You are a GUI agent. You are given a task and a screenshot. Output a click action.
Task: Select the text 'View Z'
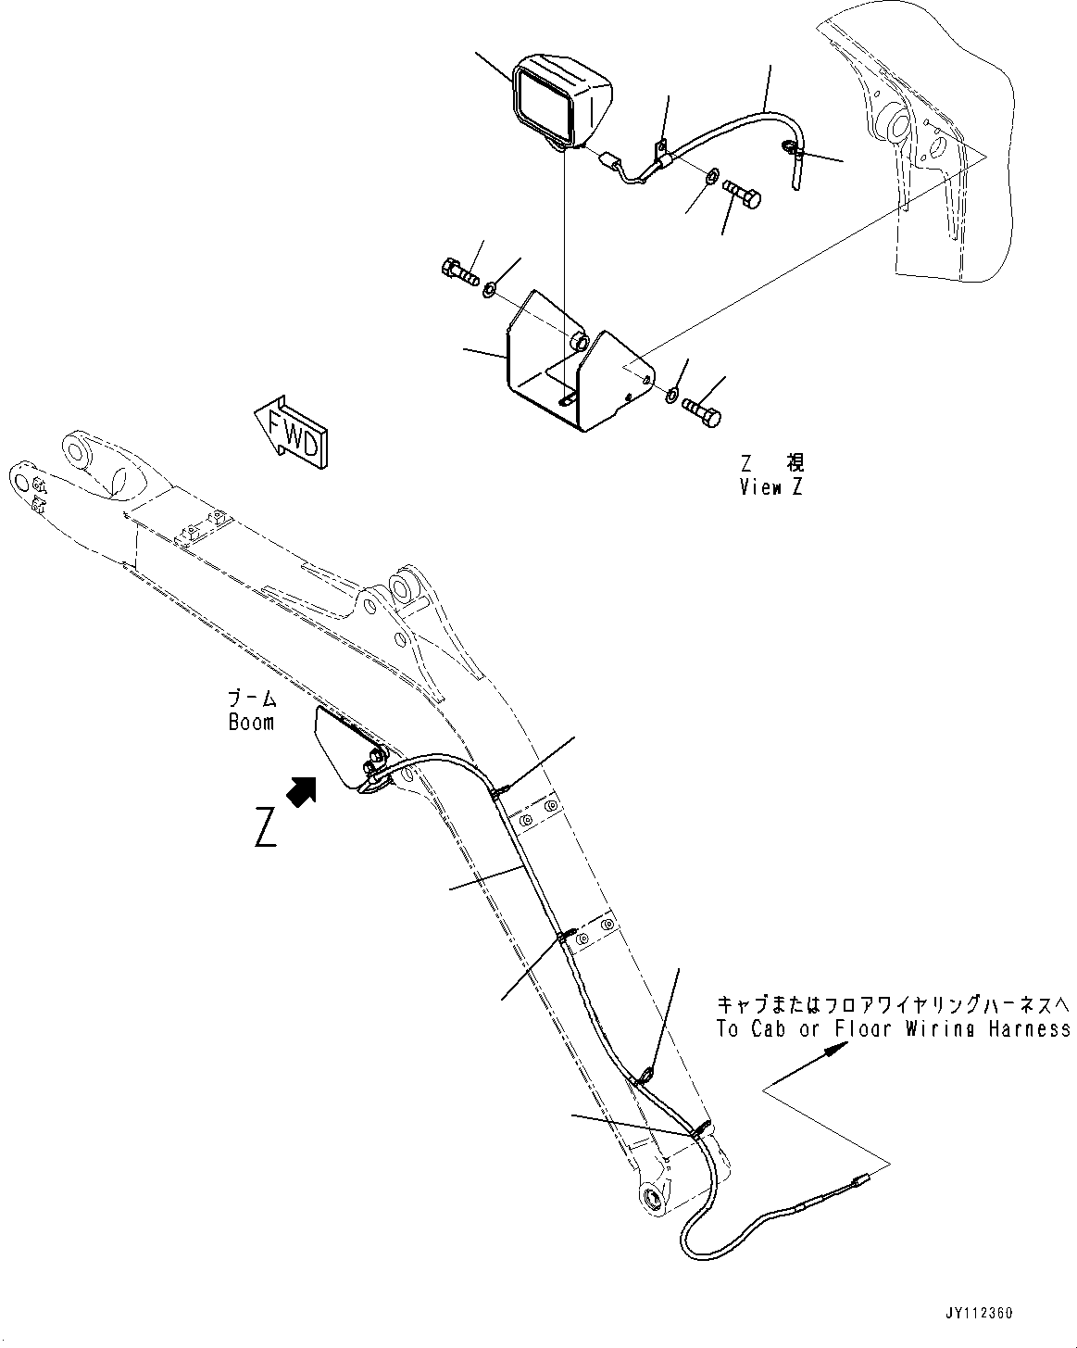tap(770, 487)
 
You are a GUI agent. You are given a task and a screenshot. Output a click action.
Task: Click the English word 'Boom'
tap(251, 722)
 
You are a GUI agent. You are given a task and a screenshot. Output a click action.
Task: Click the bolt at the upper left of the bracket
tap(457, 272)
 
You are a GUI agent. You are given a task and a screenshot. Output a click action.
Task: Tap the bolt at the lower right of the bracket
tap(702, 412)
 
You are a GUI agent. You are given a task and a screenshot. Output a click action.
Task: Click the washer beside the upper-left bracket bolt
tap(490, 291)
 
